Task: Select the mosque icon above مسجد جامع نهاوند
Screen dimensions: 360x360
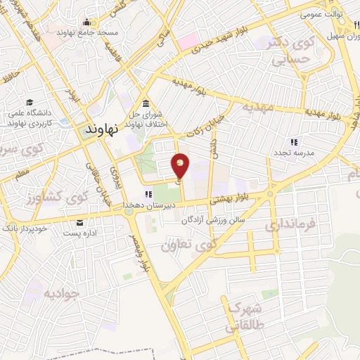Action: click(x=86, y=22)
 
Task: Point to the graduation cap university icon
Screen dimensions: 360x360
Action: click(x=30, y=103)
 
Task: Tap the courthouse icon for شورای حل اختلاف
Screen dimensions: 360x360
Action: click(x=146, y=104)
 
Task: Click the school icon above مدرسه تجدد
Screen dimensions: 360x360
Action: click(x=292, y=143)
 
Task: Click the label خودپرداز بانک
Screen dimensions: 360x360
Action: click(x=24, y=229)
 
